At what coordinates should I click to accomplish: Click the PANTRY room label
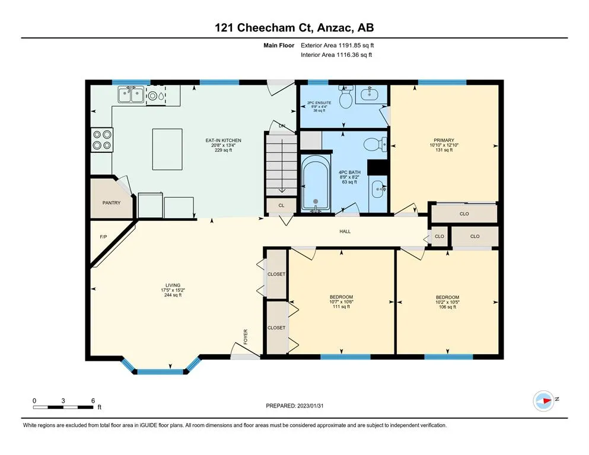click(111, 203)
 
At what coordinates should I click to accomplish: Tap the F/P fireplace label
click(103, 237)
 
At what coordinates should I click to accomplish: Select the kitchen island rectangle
click(167, 149)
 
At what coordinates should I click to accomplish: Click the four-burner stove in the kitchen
click(102, 140)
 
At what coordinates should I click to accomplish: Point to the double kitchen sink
click(130, 95)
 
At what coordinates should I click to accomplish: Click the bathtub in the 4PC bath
click(316, 182)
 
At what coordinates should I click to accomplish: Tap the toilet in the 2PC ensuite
click(345, 96)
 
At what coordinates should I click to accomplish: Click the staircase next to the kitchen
click(281, 164)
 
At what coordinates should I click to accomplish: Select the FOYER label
click(246, 337)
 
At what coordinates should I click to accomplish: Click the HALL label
click(345, 232)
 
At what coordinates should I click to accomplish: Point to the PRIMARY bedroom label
click(444, 140)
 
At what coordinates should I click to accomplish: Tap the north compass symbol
click(543, 400)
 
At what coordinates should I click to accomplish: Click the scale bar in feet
click(63, 407)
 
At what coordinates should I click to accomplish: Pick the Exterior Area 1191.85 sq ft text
click(338, 46)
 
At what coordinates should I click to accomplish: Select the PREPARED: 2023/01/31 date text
click(294, 406)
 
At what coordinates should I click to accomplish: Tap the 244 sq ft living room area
click(173, 295)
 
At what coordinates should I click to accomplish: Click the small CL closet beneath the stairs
click(281, 206)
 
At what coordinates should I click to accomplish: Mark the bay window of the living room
click(160, 367)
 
